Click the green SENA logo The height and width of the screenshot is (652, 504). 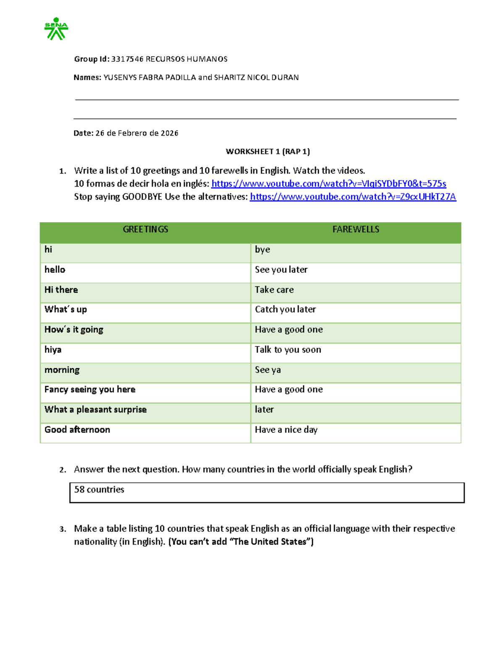pos(56,29)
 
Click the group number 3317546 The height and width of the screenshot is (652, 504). pos(127,59)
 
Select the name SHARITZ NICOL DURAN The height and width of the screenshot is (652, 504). pos(256,78)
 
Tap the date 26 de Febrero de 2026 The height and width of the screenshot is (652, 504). pos(137,133)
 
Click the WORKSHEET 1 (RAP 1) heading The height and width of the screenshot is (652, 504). pos(268,152)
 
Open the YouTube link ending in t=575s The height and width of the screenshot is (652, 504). pos(328,183)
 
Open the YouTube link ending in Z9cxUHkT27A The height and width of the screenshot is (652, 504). pos(353,196)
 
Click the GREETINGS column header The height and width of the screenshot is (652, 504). pos(145,229)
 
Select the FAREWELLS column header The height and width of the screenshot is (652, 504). pos(356,229)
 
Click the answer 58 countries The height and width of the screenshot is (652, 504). pos(99,490)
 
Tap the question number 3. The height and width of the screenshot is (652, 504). pos(63,529)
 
